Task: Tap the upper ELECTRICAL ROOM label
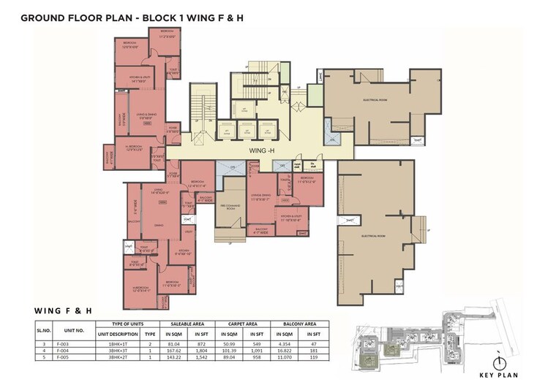(x=374, y=99)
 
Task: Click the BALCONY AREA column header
(x=300, y=323)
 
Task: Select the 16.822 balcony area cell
(x=285, y=350)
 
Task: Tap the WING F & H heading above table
(x=63, y=310)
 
